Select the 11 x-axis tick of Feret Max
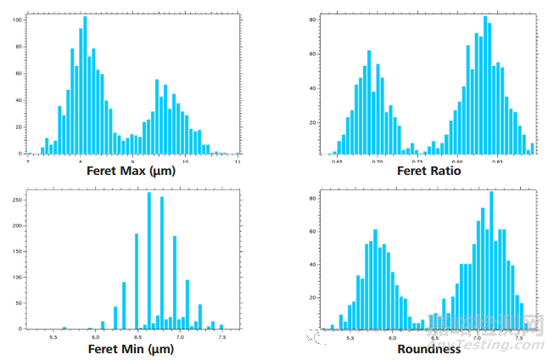click(x=238, y=160)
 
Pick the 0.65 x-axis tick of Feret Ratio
click(x=338, y=160)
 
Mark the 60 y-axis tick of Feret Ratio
click(x=312, y=53)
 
